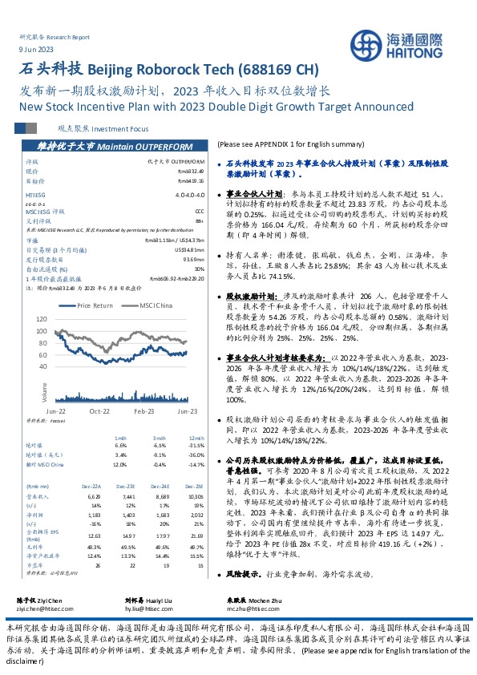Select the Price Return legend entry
(95, 305)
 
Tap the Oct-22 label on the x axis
(99, 410)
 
